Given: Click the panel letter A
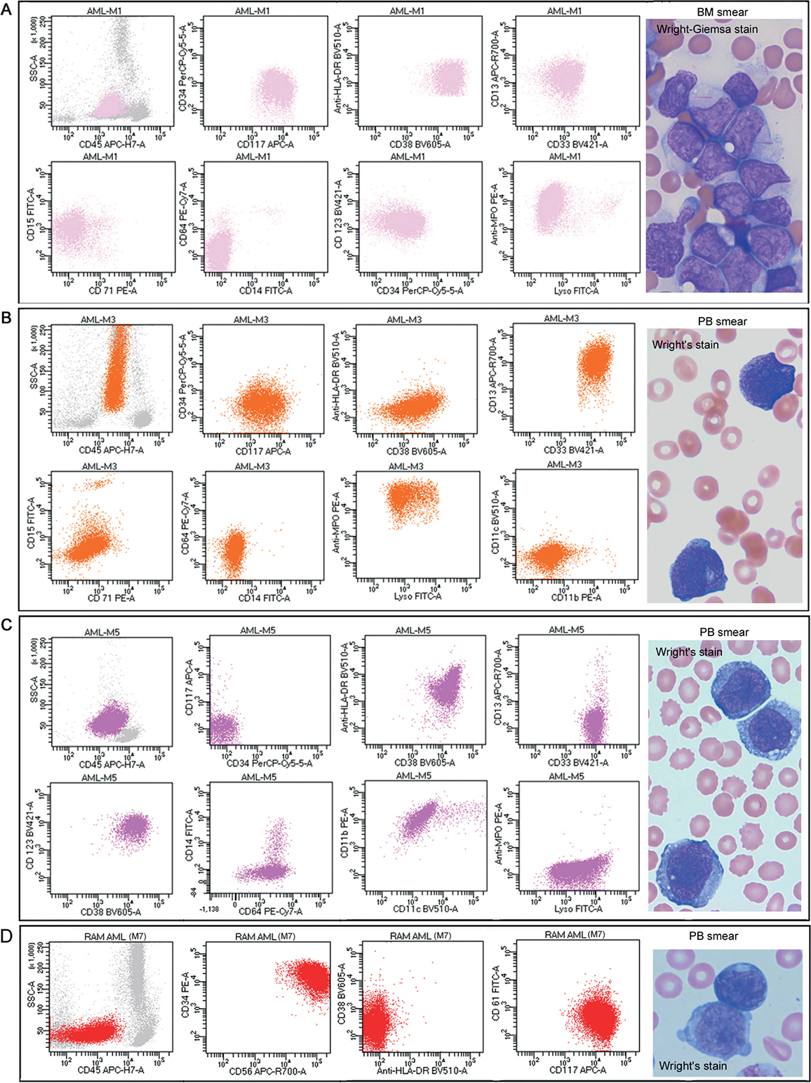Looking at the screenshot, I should point(7,13).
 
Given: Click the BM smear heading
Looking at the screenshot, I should point(722,13).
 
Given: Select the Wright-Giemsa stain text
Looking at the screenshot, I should point(707,29).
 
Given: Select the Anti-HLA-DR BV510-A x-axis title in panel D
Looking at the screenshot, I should point(422,1070).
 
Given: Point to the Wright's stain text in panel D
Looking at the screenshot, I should point(692,1065).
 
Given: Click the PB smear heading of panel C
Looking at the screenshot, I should point(723,632).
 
